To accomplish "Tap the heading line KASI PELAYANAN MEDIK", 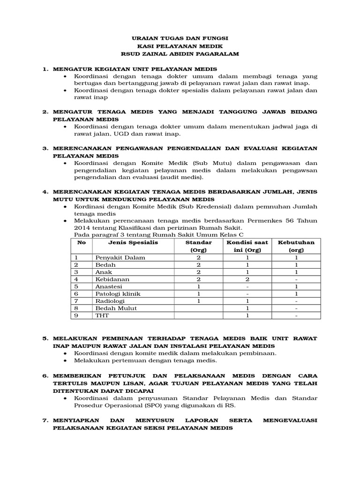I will [180, 46].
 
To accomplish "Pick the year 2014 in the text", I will [83, 228].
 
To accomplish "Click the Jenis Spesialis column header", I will [133, 242].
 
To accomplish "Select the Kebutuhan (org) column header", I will [296, 246].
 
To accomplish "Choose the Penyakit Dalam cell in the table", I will [120, 258].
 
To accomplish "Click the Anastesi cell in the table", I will [109, 286].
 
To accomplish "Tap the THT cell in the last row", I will [102, 315].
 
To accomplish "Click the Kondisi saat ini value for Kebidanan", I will [247, 279].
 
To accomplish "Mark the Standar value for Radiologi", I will [199, 301].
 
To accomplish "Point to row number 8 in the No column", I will [76, 308].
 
